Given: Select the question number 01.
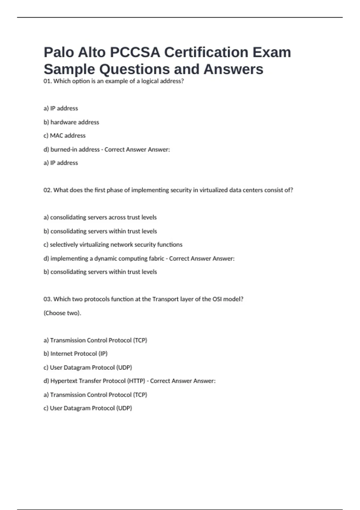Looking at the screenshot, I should coord(47,81).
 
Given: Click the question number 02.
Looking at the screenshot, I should coord(47,190).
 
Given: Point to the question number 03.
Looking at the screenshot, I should coord(47,299).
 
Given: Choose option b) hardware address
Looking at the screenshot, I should coord(71,122).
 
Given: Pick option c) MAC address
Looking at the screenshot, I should coord(64,136).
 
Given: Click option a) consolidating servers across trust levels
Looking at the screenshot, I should coord(100,217).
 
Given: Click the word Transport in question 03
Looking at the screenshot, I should coord(165,299).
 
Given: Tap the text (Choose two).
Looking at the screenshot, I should coord(62,313).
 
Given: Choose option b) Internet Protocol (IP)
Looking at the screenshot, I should coord(75,354).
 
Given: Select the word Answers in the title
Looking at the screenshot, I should coord(233,69).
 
